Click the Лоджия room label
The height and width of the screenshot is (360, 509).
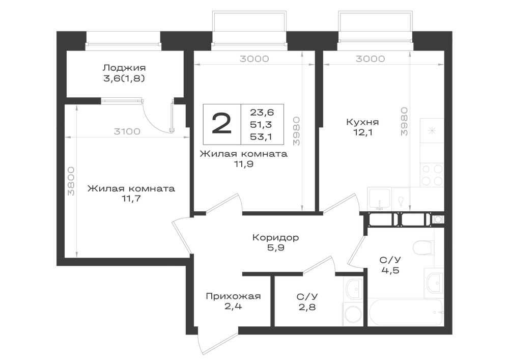[124, 68]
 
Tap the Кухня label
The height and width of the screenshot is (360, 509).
[362, 122]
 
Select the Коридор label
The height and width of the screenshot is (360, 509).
[275, 237]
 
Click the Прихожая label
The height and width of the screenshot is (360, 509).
[234, 296]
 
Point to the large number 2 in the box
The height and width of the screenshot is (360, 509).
[222, 124]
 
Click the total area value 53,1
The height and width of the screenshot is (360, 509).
[261, 136]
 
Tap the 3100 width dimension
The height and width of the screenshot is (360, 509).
[127, 131]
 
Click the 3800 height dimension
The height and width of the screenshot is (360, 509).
[71, 181]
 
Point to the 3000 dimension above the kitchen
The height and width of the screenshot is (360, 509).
[371, 59]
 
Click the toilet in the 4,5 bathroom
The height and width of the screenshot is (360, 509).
[423, 247]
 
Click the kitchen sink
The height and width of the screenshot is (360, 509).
[379, 199]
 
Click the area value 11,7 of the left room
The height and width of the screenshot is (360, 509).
[131, 199]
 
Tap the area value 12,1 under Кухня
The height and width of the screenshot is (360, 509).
[362, 132]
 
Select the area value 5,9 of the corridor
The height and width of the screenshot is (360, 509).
[275, 247]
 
